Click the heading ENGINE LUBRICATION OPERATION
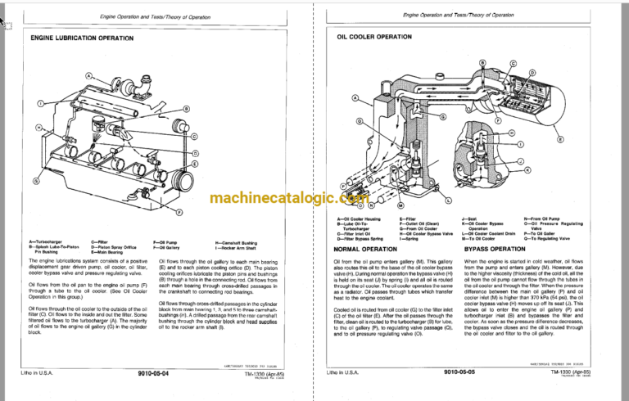[x=82, y=38]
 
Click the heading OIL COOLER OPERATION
[x=374, y=38]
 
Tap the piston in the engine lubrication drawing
[x=97, y=125]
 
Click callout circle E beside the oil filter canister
[x=560, y=139]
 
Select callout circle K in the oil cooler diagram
[x=527, y=170]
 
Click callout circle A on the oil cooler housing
[x=355, y=98]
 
